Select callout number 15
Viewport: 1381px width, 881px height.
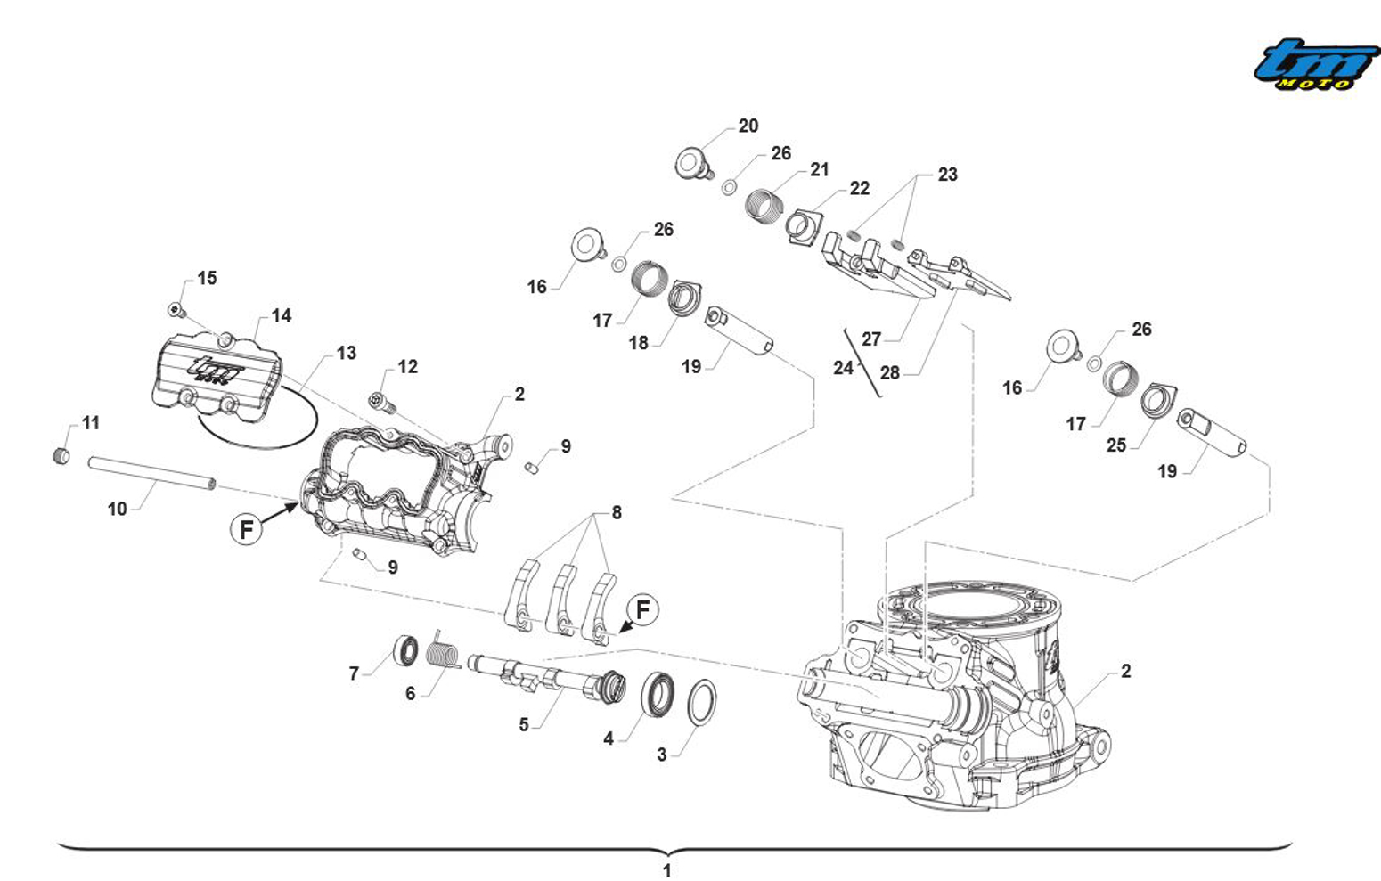pyautogui.click(x=207, y=279)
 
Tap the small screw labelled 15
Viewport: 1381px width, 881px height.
pyautogui.click(x=176, y=310)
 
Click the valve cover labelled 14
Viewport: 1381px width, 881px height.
pyautogui.click(x=217, y=375)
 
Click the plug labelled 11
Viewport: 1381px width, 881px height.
pyautogui.click(x=61, y=456)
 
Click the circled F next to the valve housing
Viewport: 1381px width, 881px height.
pyautogui.click(x=247, y=529)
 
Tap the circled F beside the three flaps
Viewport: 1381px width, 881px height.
pyautogui.click(x=642, y=610)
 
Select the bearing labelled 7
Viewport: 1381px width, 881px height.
pyautogui.click(x=406, y=650)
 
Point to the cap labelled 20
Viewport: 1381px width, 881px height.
pyautogui.click(x=690, y=164)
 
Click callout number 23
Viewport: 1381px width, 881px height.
pyautogui.click(x=947, y=175)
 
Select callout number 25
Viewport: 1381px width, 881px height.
pyautogui.click(x=1115, y=445)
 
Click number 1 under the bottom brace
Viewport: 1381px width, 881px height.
pyautogui.click(x=666, y=870)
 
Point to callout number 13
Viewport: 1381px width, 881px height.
pyautogui.click(x=346, y=354)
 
